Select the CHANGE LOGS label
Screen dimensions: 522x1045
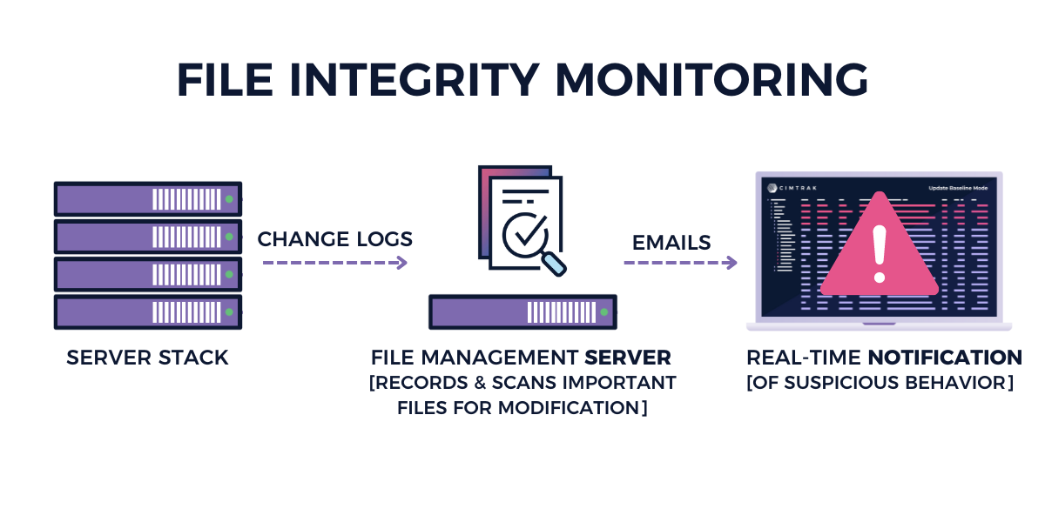pos(335,239)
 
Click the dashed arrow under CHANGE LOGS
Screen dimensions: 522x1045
pos(335,262)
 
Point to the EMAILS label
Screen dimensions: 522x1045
pos(671,242)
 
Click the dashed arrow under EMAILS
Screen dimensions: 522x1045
pos(680,262)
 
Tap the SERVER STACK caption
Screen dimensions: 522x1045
pos(147,358)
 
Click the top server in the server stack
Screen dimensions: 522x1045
pos(147,199)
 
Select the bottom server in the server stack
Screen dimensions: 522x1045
pos(147,311)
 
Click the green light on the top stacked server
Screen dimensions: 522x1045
pos(229,199)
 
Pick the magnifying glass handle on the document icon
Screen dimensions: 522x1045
pos(554,263)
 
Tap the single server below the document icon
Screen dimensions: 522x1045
pos(522,311)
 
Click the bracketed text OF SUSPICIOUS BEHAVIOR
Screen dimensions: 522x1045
pos(880,383)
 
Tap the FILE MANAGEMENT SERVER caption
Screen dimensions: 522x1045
pos(521,358)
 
